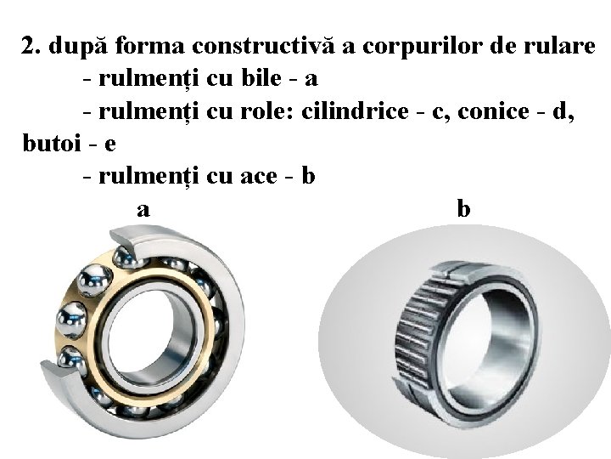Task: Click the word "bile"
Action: coord(259,79)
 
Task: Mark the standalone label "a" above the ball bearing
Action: coord(144,208)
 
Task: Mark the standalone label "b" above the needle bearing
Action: coord(463,208)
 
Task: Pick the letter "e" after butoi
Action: coord(109,143)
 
